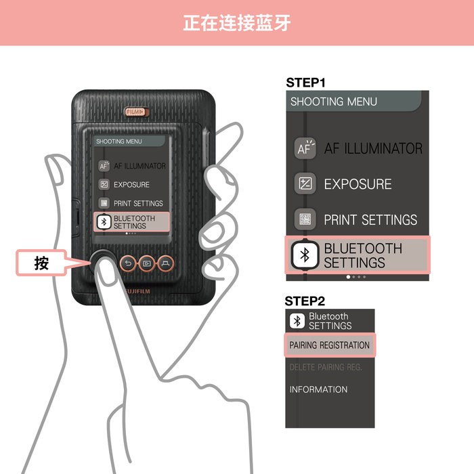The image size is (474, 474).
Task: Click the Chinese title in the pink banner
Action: (236, 22)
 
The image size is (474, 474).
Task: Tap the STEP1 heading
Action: (305, 83)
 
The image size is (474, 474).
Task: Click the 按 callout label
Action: (42, 263)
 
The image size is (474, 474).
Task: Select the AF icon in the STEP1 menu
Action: (305, 149)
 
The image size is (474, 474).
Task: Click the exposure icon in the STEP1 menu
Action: (305, 184)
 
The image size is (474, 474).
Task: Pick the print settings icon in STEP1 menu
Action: (305, 219)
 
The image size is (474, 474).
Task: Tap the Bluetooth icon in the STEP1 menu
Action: (305, 255)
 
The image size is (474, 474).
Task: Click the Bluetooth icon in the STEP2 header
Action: (297, 321)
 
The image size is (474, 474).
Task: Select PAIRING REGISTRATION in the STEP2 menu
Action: (330, 345)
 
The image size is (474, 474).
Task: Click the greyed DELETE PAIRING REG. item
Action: (326, 367)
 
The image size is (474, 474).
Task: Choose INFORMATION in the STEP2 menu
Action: (318, 389)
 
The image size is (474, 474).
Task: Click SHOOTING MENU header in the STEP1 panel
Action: (334, 102)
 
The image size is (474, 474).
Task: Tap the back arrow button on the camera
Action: (128, 263)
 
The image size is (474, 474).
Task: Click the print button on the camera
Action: (165, 263)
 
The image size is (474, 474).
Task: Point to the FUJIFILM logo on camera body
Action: (137, 290)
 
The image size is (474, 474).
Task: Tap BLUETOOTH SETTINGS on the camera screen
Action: (133, 222)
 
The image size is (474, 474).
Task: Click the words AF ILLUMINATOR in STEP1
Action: (373, 149)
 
